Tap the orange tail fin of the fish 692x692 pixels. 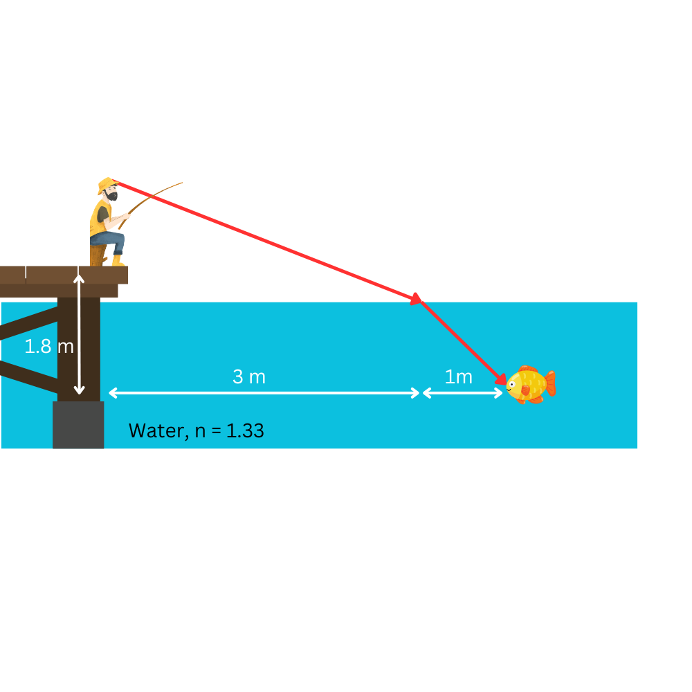550,383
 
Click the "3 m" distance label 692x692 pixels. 249,377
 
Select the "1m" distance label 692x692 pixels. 458,377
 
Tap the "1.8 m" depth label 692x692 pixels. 48,346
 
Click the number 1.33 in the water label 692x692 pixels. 245,431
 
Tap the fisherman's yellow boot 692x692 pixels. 117,260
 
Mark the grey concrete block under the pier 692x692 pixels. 78,425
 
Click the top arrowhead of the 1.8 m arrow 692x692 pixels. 79,279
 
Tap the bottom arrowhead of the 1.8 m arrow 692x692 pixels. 79,391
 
